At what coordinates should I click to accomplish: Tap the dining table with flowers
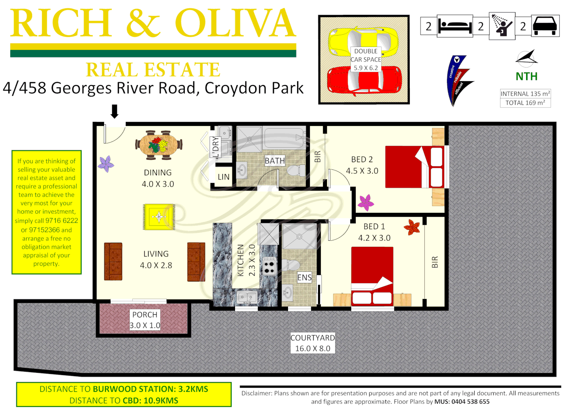158,145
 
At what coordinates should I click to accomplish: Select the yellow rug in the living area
159,217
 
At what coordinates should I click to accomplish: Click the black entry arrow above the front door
114,111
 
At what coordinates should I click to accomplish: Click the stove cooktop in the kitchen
269,266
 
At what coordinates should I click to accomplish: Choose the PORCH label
145,315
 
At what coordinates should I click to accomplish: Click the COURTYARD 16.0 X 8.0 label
312,343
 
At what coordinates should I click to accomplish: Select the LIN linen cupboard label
224,177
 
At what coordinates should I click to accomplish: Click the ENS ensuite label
304,277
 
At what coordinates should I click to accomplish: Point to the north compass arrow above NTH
527,58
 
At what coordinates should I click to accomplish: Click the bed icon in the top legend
455,26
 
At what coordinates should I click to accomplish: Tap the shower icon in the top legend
501,26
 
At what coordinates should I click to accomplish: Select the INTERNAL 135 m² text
525,94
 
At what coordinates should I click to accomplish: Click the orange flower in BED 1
412,227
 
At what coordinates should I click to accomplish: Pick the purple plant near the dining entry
106,164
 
